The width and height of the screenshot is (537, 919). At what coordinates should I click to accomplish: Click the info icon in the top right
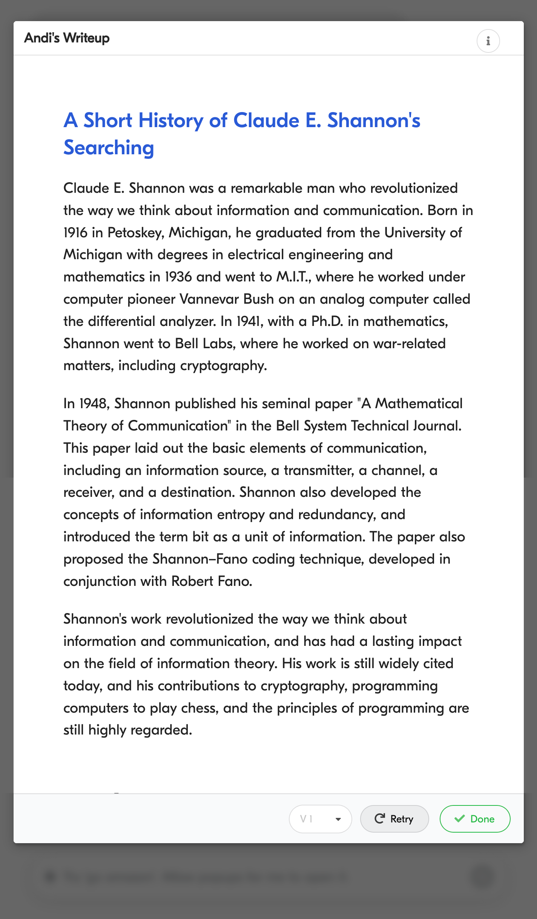click(488, 41)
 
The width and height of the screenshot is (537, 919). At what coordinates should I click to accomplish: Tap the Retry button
click(394, 819)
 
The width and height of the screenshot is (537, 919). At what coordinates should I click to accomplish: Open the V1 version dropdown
click(320, 819)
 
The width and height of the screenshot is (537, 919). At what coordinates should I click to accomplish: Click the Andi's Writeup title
click(67, 38)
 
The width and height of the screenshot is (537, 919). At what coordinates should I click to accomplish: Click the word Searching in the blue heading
click(109, 148)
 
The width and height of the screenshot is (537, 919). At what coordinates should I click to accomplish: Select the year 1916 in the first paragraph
click(75, 233)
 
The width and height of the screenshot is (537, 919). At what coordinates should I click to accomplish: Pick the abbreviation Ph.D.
click(327, 321)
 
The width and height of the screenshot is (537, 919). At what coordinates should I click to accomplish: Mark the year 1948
click(94, 404)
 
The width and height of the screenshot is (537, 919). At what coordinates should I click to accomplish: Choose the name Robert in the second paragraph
click(192, 581)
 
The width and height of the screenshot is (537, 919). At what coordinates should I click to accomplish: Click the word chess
click(199, 708)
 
